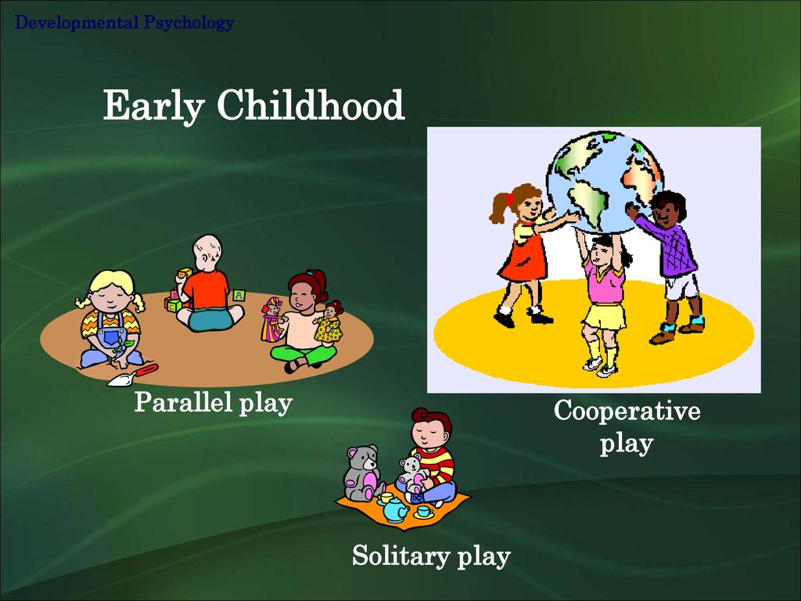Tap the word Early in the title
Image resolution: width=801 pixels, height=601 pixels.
point(154,106)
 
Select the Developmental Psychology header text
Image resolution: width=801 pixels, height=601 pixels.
point(124,23)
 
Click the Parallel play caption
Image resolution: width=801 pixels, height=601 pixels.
point(213,402)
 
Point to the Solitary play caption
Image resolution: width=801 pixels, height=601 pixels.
point(431,556)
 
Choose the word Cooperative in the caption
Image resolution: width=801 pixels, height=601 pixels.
point(627,410)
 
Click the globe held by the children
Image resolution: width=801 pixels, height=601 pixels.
point(605,182)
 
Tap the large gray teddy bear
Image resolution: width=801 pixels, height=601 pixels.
point(363,473)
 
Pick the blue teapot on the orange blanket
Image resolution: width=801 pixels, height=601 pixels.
point(396,509)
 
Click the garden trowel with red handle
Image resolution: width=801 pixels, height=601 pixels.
point(132,375)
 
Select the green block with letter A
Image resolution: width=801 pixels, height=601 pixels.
point(239,295)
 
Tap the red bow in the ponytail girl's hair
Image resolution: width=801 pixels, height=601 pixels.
point(509,198)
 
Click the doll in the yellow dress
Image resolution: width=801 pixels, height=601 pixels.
point(329,322)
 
